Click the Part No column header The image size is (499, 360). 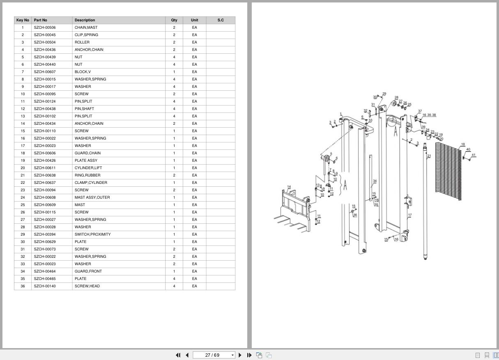tap(40, 20)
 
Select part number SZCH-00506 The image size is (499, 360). tap(45, 28)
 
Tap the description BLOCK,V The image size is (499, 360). tap(83, 72)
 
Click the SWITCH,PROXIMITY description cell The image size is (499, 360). tap(93, 234)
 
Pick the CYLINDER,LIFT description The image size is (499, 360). tap(88, 167)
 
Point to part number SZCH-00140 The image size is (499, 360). tap(45, 286)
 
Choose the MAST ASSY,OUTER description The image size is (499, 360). tap(92, 197)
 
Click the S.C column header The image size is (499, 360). tap(221, 20)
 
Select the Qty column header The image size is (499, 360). tap(174, 20)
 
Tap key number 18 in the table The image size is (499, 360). tap(23, 153)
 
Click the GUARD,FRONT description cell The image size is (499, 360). tap(88, 271)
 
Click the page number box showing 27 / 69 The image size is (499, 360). tap(212, 355)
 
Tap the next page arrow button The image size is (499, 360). tap(240, 355)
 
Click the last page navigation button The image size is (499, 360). tap(249, 355)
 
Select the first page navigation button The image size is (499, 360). tap(178, 355)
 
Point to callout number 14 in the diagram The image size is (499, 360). tap(289, 186)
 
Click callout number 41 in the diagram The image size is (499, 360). tap(474, 155)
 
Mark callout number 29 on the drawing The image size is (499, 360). tap(384, 94)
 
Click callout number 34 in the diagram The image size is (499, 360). tap(375, 181)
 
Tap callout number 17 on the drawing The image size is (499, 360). tap(410, 215)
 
